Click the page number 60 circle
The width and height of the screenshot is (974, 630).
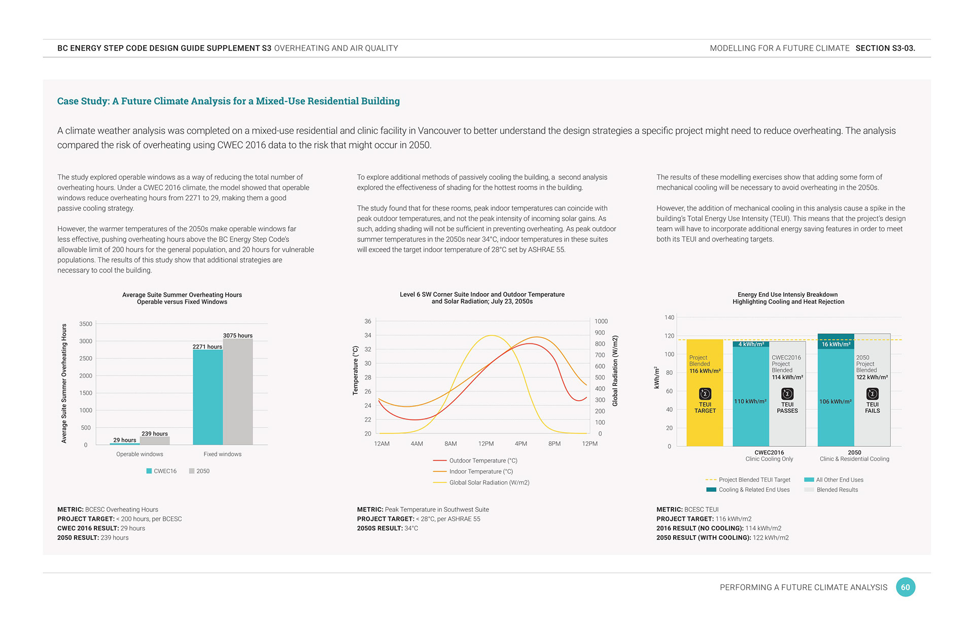tap(906, 587)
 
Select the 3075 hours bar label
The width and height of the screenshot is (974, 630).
tap(238, 335)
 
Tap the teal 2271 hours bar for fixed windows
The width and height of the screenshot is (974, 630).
tap(207, 397)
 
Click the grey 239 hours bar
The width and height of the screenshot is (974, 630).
tap(155, 441)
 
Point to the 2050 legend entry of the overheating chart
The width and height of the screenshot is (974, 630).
tap(199, 471)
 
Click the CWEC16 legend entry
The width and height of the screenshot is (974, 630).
tap(161, 471)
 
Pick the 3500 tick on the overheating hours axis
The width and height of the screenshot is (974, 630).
tap(86, 324)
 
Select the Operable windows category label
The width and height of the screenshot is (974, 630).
tap(140, 454)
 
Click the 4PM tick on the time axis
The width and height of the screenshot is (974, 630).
tap(521, 444)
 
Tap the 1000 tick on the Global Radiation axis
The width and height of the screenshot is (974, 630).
tap(601, 321)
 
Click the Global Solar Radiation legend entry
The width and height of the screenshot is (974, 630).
tap(481, 482)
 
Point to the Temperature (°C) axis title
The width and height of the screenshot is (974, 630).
tap(356, 370)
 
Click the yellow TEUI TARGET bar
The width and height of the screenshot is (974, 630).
tap(705, 393)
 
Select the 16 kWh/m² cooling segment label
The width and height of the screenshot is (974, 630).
tap(836, 344)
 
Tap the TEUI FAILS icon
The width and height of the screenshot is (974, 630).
tap(873, 394)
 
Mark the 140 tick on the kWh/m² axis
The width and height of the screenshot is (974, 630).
tap(670, 318)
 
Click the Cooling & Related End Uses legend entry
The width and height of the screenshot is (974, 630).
tap(748, 489)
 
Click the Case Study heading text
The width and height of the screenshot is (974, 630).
tap(228, 101)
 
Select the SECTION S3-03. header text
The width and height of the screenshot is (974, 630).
tap(885, 48)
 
